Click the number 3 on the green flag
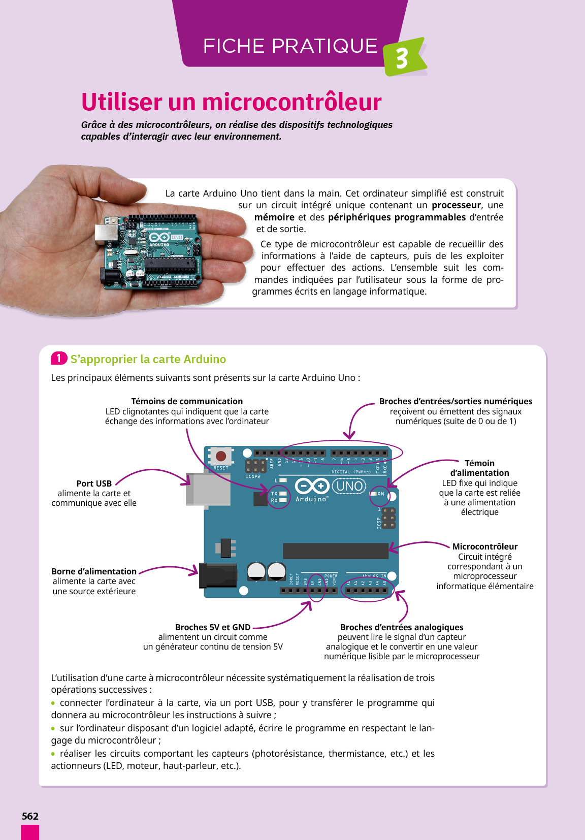pos(402,58)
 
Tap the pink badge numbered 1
pos(59,359)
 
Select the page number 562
pos(30,816)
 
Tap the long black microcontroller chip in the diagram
pos(335,551)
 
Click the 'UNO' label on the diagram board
pos(349,486)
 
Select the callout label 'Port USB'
pos(94,483)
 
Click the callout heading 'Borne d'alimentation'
pos(94,571)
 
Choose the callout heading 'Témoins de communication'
pos(187,401)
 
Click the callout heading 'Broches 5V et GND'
pos(213,627)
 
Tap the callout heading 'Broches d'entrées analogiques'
pos(402,627)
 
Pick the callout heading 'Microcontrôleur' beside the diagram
pos(485,546)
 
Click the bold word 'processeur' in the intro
pos(456,205)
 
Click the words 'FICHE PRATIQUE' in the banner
pos(290,46)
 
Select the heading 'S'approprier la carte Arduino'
pos(148,359)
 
